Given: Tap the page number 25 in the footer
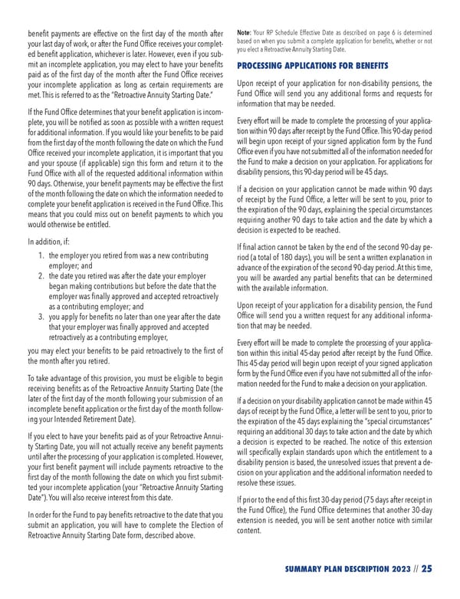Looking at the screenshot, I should [427, 568].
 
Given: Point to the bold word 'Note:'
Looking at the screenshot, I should [247, 31].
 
